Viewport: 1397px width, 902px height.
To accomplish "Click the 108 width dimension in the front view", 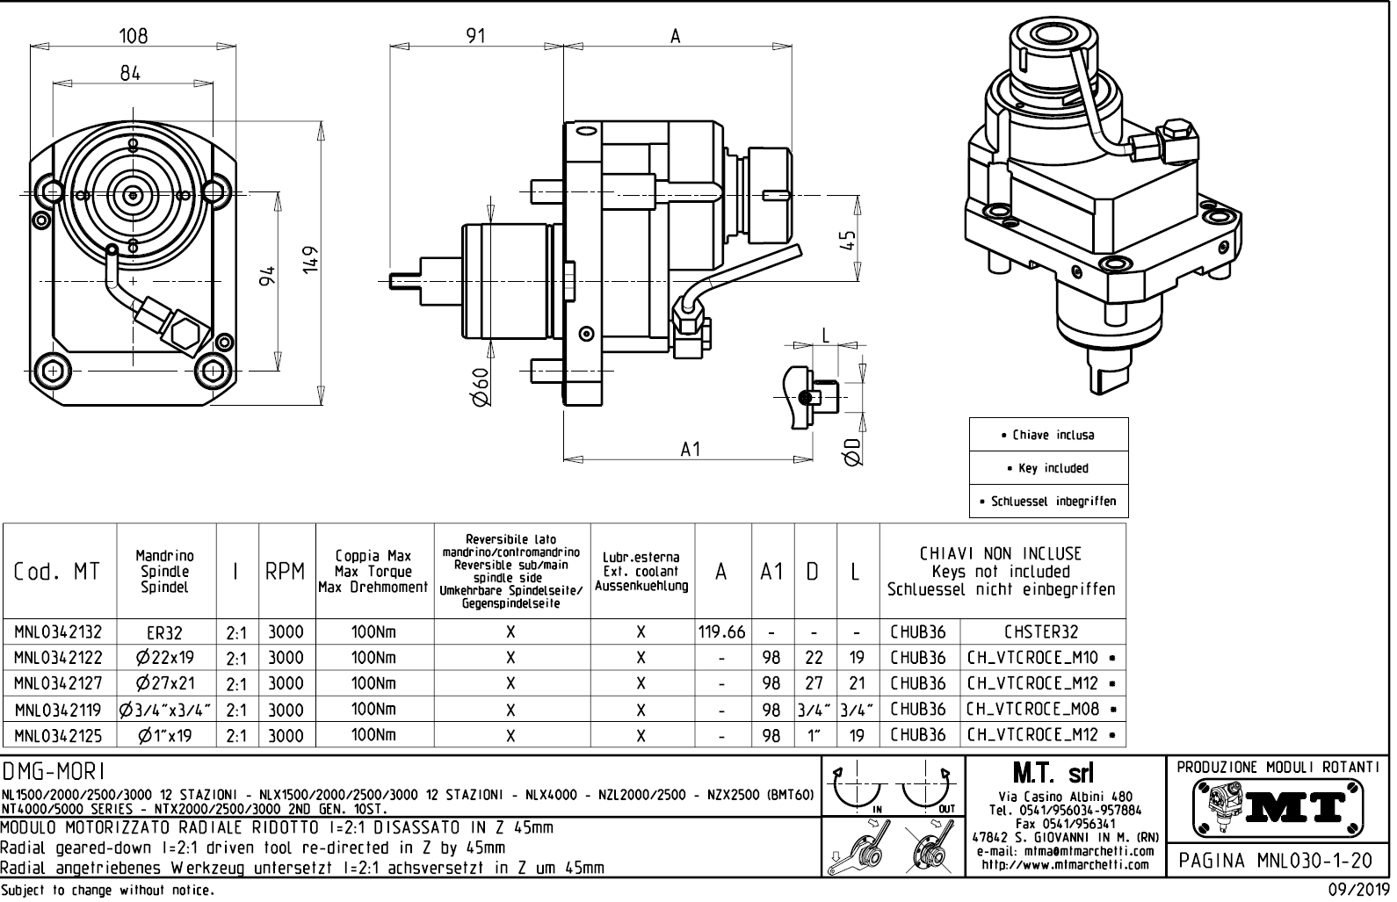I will pyautogui.click(x=133, y=35).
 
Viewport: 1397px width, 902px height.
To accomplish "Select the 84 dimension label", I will pyautogui.click(x=130, y=73).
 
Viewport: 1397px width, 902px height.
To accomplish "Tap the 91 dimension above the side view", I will pyautogui.click(x=475, y=36).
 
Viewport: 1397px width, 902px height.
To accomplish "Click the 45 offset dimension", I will pyautogui.click(x=848, y=240).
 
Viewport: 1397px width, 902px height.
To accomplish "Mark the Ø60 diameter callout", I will pyautogui.click(x=480, y=386).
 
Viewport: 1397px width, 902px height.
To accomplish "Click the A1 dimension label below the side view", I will pyautogui.click(x=691, y=449).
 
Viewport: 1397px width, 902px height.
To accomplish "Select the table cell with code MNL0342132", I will pyautogui.click(x=59, y=632).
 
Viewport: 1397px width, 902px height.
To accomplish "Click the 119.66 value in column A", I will pyautogui.click(x=721, y=632).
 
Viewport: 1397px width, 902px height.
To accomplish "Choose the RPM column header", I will pyautogui.click(x=286, y=572).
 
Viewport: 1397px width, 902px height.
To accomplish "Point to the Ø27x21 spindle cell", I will pyautogui.click(x=165, y=683).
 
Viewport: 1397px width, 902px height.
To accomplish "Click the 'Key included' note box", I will pyautogui.click(x=1048, y=468).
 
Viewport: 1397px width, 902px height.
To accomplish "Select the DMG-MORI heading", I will pyautogui.click(x=54, y=771).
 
